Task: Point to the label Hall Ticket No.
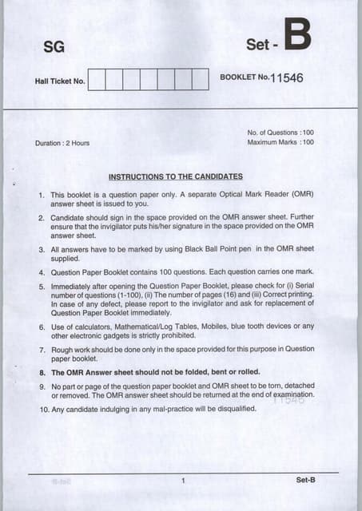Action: pos(60,81)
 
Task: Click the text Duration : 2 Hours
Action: pos(62,143)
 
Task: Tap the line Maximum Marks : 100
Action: pos(280,142)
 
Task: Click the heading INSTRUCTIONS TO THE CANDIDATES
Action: pos(175,176)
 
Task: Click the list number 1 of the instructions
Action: pos(41,195)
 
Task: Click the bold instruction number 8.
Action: pos(41,373)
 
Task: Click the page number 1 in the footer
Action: pos(183,480)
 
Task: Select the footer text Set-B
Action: pos(306,480)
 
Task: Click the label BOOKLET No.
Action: pos(245,77)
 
